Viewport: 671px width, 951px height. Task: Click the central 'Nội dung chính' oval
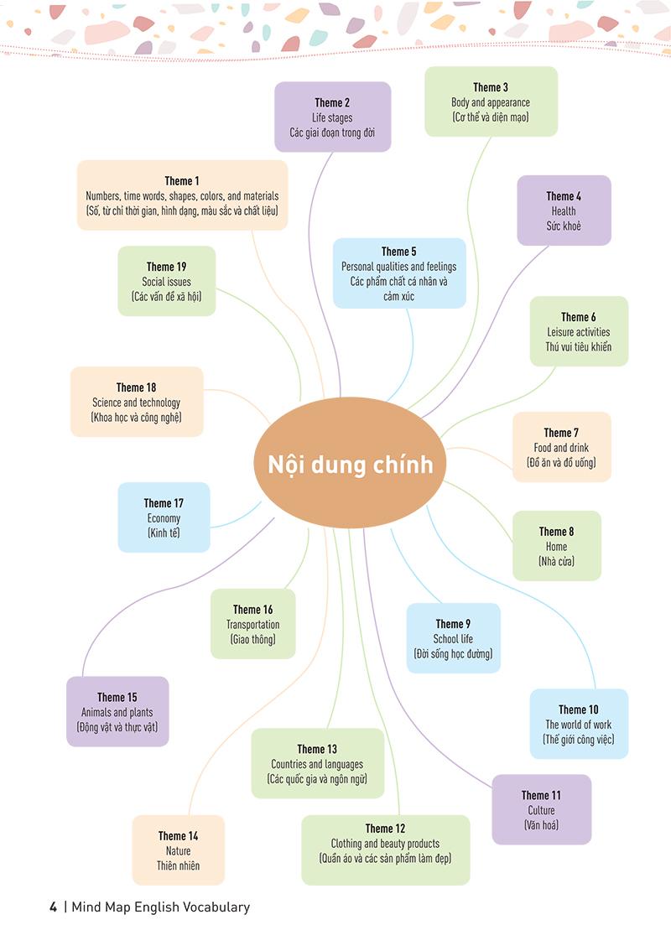coord(350,463)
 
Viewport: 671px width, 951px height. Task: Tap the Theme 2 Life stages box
coord(332,117)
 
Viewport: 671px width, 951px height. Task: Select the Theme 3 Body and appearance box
coord(491,102)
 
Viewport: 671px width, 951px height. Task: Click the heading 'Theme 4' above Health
coord(564,196)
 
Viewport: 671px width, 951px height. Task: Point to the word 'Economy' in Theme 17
coord(164,518)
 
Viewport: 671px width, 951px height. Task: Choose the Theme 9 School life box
coord(453,638)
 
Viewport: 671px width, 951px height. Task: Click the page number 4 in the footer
coord(54,907)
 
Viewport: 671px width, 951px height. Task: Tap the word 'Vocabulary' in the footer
coord(216,907)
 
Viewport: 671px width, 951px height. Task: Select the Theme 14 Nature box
coord(179,850)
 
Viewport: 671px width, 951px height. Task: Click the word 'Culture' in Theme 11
coord(541,810)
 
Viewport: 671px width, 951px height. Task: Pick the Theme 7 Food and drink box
coord(561,447)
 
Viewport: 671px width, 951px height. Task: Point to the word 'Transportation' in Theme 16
coord(253,625)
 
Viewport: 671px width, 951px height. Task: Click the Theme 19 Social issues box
coord(167,281)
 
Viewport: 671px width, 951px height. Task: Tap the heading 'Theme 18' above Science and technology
coord(137,387)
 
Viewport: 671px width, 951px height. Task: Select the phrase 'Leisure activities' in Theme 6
coord(579,332)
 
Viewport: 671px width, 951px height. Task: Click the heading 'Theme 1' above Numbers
coord(182,181)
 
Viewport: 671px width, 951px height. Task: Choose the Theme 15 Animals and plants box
coord(117,711)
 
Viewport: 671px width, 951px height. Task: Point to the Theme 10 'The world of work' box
coord(579,724)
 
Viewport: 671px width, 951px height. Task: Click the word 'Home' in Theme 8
coord(556,547)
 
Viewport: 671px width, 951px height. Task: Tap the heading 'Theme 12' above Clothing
coord(385,829)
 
